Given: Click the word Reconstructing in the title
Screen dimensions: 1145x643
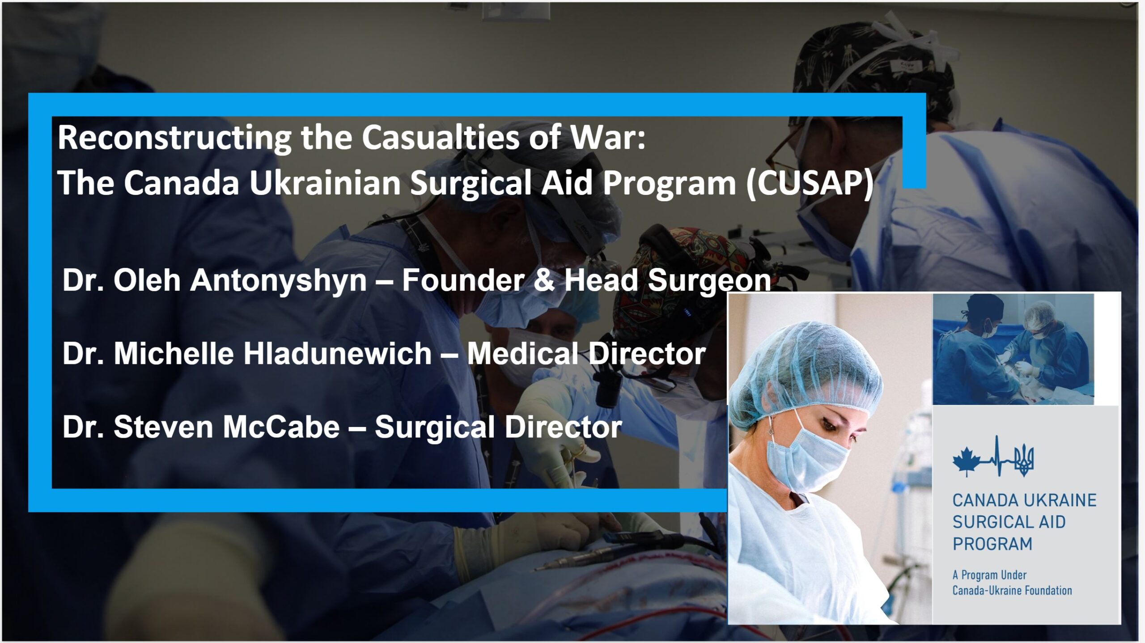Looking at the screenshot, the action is tap(174, 138).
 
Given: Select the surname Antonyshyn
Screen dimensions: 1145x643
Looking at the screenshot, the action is tap(278, 281).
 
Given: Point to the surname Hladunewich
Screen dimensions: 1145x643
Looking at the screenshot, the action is tap(337, 353).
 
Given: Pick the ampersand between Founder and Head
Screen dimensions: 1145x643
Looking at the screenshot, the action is tap(544, 280).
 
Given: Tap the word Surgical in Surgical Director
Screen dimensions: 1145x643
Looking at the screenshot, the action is tap(434, 427).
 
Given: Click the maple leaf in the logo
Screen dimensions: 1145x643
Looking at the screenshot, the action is tap(966, 461).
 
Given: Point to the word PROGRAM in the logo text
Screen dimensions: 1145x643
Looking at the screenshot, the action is tap(992, 544).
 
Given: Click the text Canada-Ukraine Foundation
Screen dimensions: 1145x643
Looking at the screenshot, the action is tap(1012, 590).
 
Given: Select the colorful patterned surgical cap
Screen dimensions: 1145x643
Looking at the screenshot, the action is tap(671, 273).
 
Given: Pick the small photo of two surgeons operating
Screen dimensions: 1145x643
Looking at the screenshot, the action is tap(1013, 349).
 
